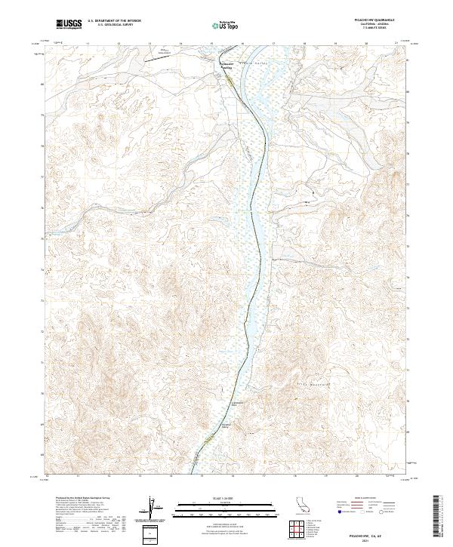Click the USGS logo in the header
pos(69,24)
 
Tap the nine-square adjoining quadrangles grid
pos(297,530)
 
